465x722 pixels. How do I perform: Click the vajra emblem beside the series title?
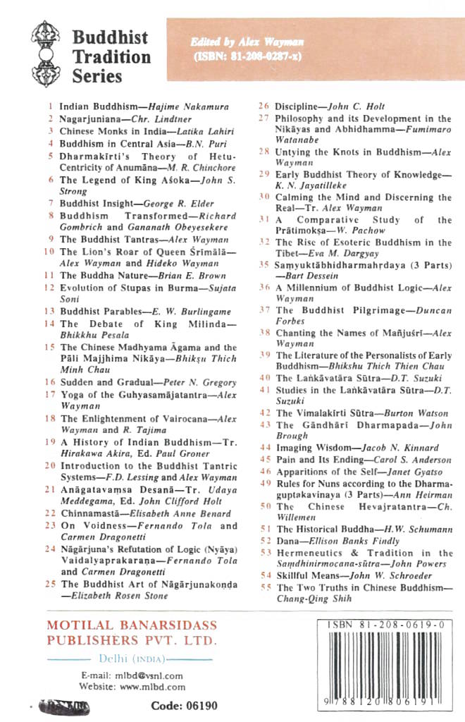tap(46, 53)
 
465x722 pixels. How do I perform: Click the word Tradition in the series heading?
tap(111, 56)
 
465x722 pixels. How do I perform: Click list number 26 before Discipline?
tap(263, 106)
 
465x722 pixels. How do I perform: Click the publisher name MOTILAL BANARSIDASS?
tap(132, 626)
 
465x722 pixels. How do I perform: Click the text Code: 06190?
tap(184, 706)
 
